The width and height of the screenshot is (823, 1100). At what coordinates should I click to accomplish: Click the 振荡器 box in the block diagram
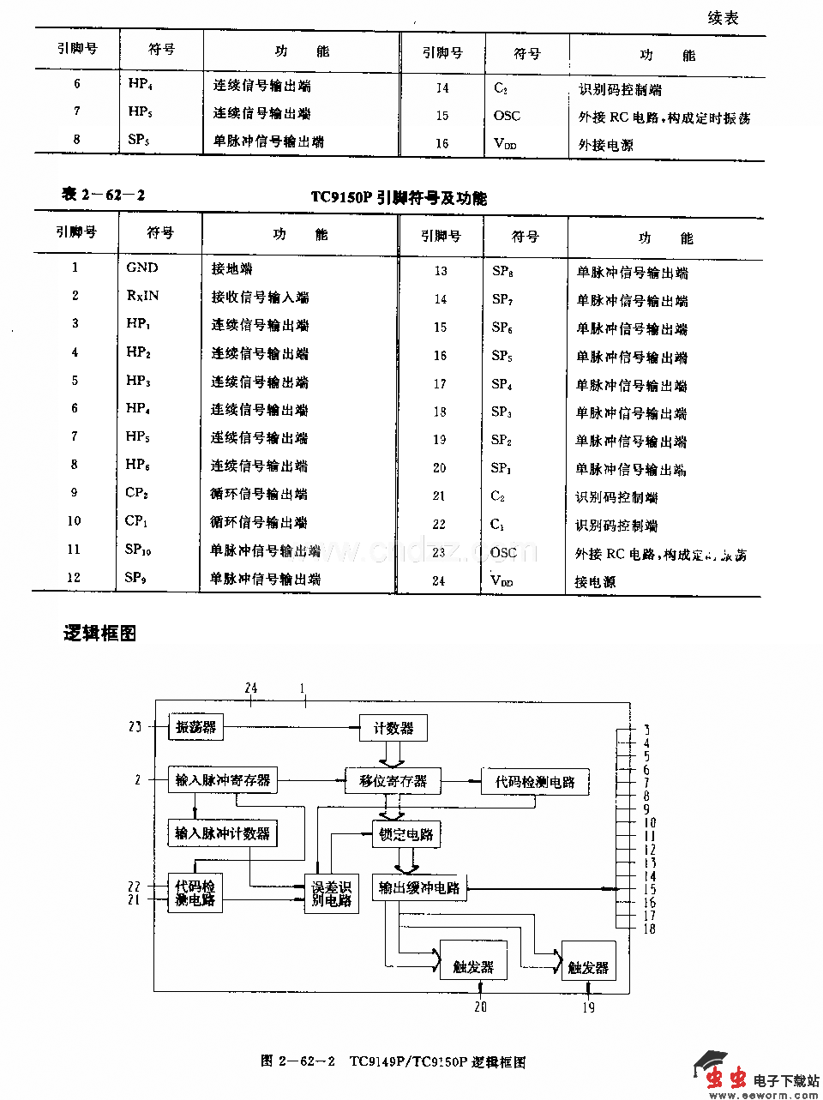(195, 727)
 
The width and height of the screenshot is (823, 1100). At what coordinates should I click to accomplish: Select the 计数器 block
(393, 728)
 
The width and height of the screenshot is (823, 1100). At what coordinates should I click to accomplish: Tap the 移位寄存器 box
(393, 781)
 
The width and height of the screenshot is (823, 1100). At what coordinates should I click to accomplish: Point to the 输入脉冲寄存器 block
(223, 780)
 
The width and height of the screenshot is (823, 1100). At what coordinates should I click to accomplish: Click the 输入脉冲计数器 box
(222, 833)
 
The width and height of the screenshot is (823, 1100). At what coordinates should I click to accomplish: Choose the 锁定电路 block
(406, 833)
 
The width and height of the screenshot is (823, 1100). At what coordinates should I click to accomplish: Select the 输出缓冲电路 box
(419, 887)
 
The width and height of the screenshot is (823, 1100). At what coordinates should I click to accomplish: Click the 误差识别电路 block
(331, 894)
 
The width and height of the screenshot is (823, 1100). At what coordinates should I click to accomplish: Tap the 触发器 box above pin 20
(473, 966)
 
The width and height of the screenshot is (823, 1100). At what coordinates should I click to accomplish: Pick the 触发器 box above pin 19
(588, 967)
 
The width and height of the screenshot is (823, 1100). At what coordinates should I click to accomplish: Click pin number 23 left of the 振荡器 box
(135, 727)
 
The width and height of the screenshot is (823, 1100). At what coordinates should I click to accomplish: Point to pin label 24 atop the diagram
(250, 688)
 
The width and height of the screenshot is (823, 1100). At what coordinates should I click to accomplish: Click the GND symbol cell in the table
(142, 267)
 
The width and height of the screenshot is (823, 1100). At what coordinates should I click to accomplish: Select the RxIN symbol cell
(142, 296)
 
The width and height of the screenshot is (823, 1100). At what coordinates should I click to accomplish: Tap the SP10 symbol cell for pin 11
(138, 550)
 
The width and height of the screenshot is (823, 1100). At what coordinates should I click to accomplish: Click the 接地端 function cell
(231, 268)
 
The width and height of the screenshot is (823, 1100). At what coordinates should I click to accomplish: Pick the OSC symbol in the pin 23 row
(504, 553)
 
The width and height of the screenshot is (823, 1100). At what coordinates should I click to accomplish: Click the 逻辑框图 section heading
(99, 634)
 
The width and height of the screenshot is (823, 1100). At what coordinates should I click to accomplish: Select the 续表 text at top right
(723, 18)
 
